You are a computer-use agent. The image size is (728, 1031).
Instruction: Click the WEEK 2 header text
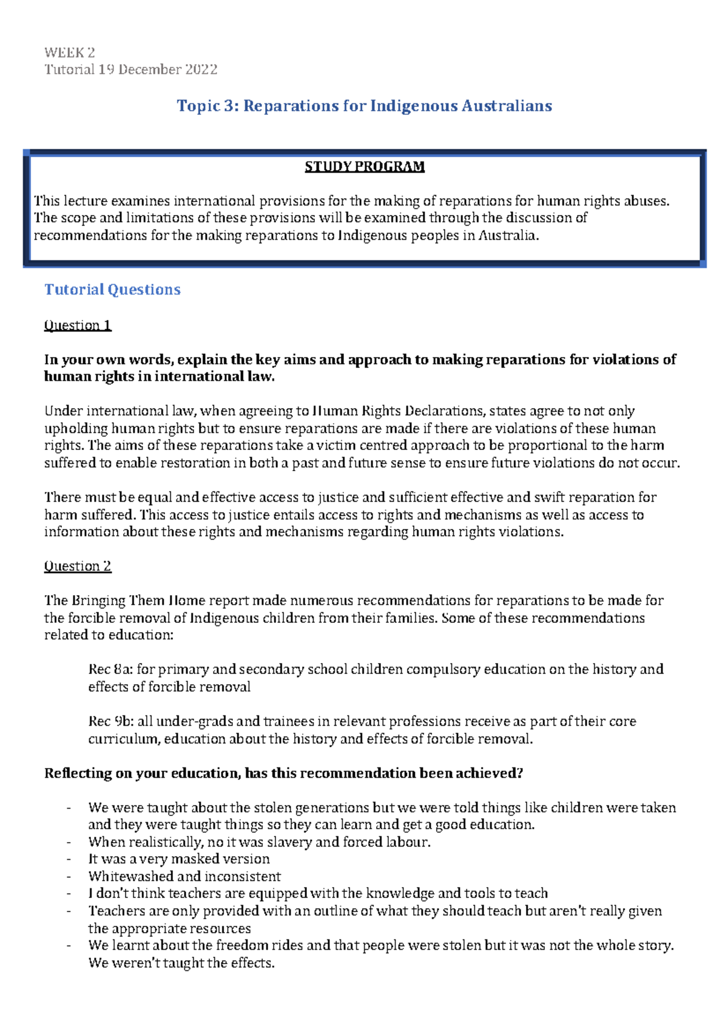click(69, 52)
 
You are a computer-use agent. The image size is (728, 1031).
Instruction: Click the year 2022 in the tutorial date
click(201, 69)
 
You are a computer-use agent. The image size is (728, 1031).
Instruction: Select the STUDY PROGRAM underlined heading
click(364, 166)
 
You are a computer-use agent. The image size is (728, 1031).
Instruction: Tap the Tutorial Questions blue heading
click(112, 290)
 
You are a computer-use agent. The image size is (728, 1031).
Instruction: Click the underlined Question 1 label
click(78, 325)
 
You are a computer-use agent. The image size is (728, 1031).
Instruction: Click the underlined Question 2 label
click(78, 566)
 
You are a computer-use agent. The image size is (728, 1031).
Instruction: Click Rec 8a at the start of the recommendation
click(110, 669)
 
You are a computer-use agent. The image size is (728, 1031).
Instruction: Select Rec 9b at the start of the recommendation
click(110, 721)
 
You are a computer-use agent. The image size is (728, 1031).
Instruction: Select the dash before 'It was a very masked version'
click(69, 859)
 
